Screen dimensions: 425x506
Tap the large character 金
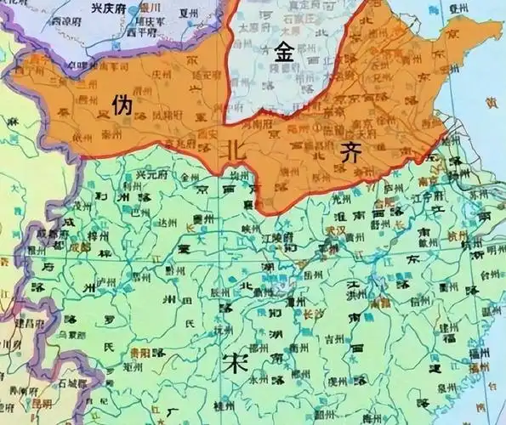click(285, 52)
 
